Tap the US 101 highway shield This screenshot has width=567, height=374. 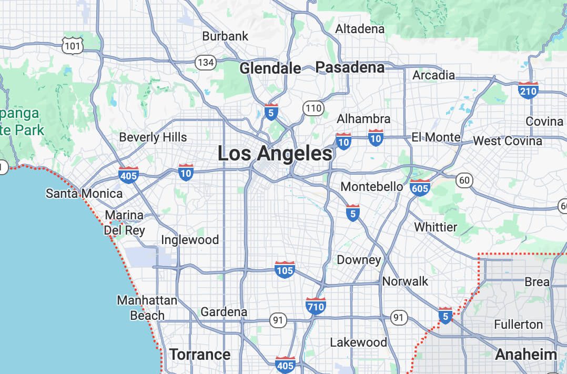(x=72, y=46)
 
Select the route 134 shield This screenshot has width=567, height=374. (x=206, y=63)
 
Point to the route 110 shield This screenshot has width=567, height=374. (x=313, y=109)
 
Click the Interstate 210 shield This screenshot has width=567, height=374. (x=528, y=91)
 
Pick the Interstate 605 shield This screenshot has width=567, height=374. (x=420, y=187)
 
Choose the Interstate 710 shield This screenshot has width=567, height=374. (x=316, y=306)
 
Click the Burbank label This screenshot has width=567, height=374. (x=225, y=36)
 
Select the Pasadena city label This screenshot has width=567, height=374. (x=350, y=67)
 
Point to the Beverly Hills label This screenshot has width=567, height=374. (x=153, y=137)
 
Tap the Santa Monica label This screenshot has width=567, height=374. (x=84, y=194)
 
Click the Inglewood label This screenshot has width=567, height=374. (x=190, y=240)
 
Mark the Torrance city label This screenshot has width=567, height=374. (x=200, y=355)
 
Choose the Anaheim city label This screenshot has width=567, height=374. (x=526, y=355)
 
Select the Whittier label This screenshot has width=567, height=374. (x=436, y=227)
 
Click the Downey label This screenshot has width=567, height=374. (x=359, y=260)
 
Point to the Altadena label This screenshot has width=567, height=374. (x=360, y=29)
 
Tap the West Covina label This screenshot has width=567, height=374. (x=507, y=141)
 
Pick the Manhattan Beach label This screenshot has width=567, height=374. (x=147, y=308)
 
